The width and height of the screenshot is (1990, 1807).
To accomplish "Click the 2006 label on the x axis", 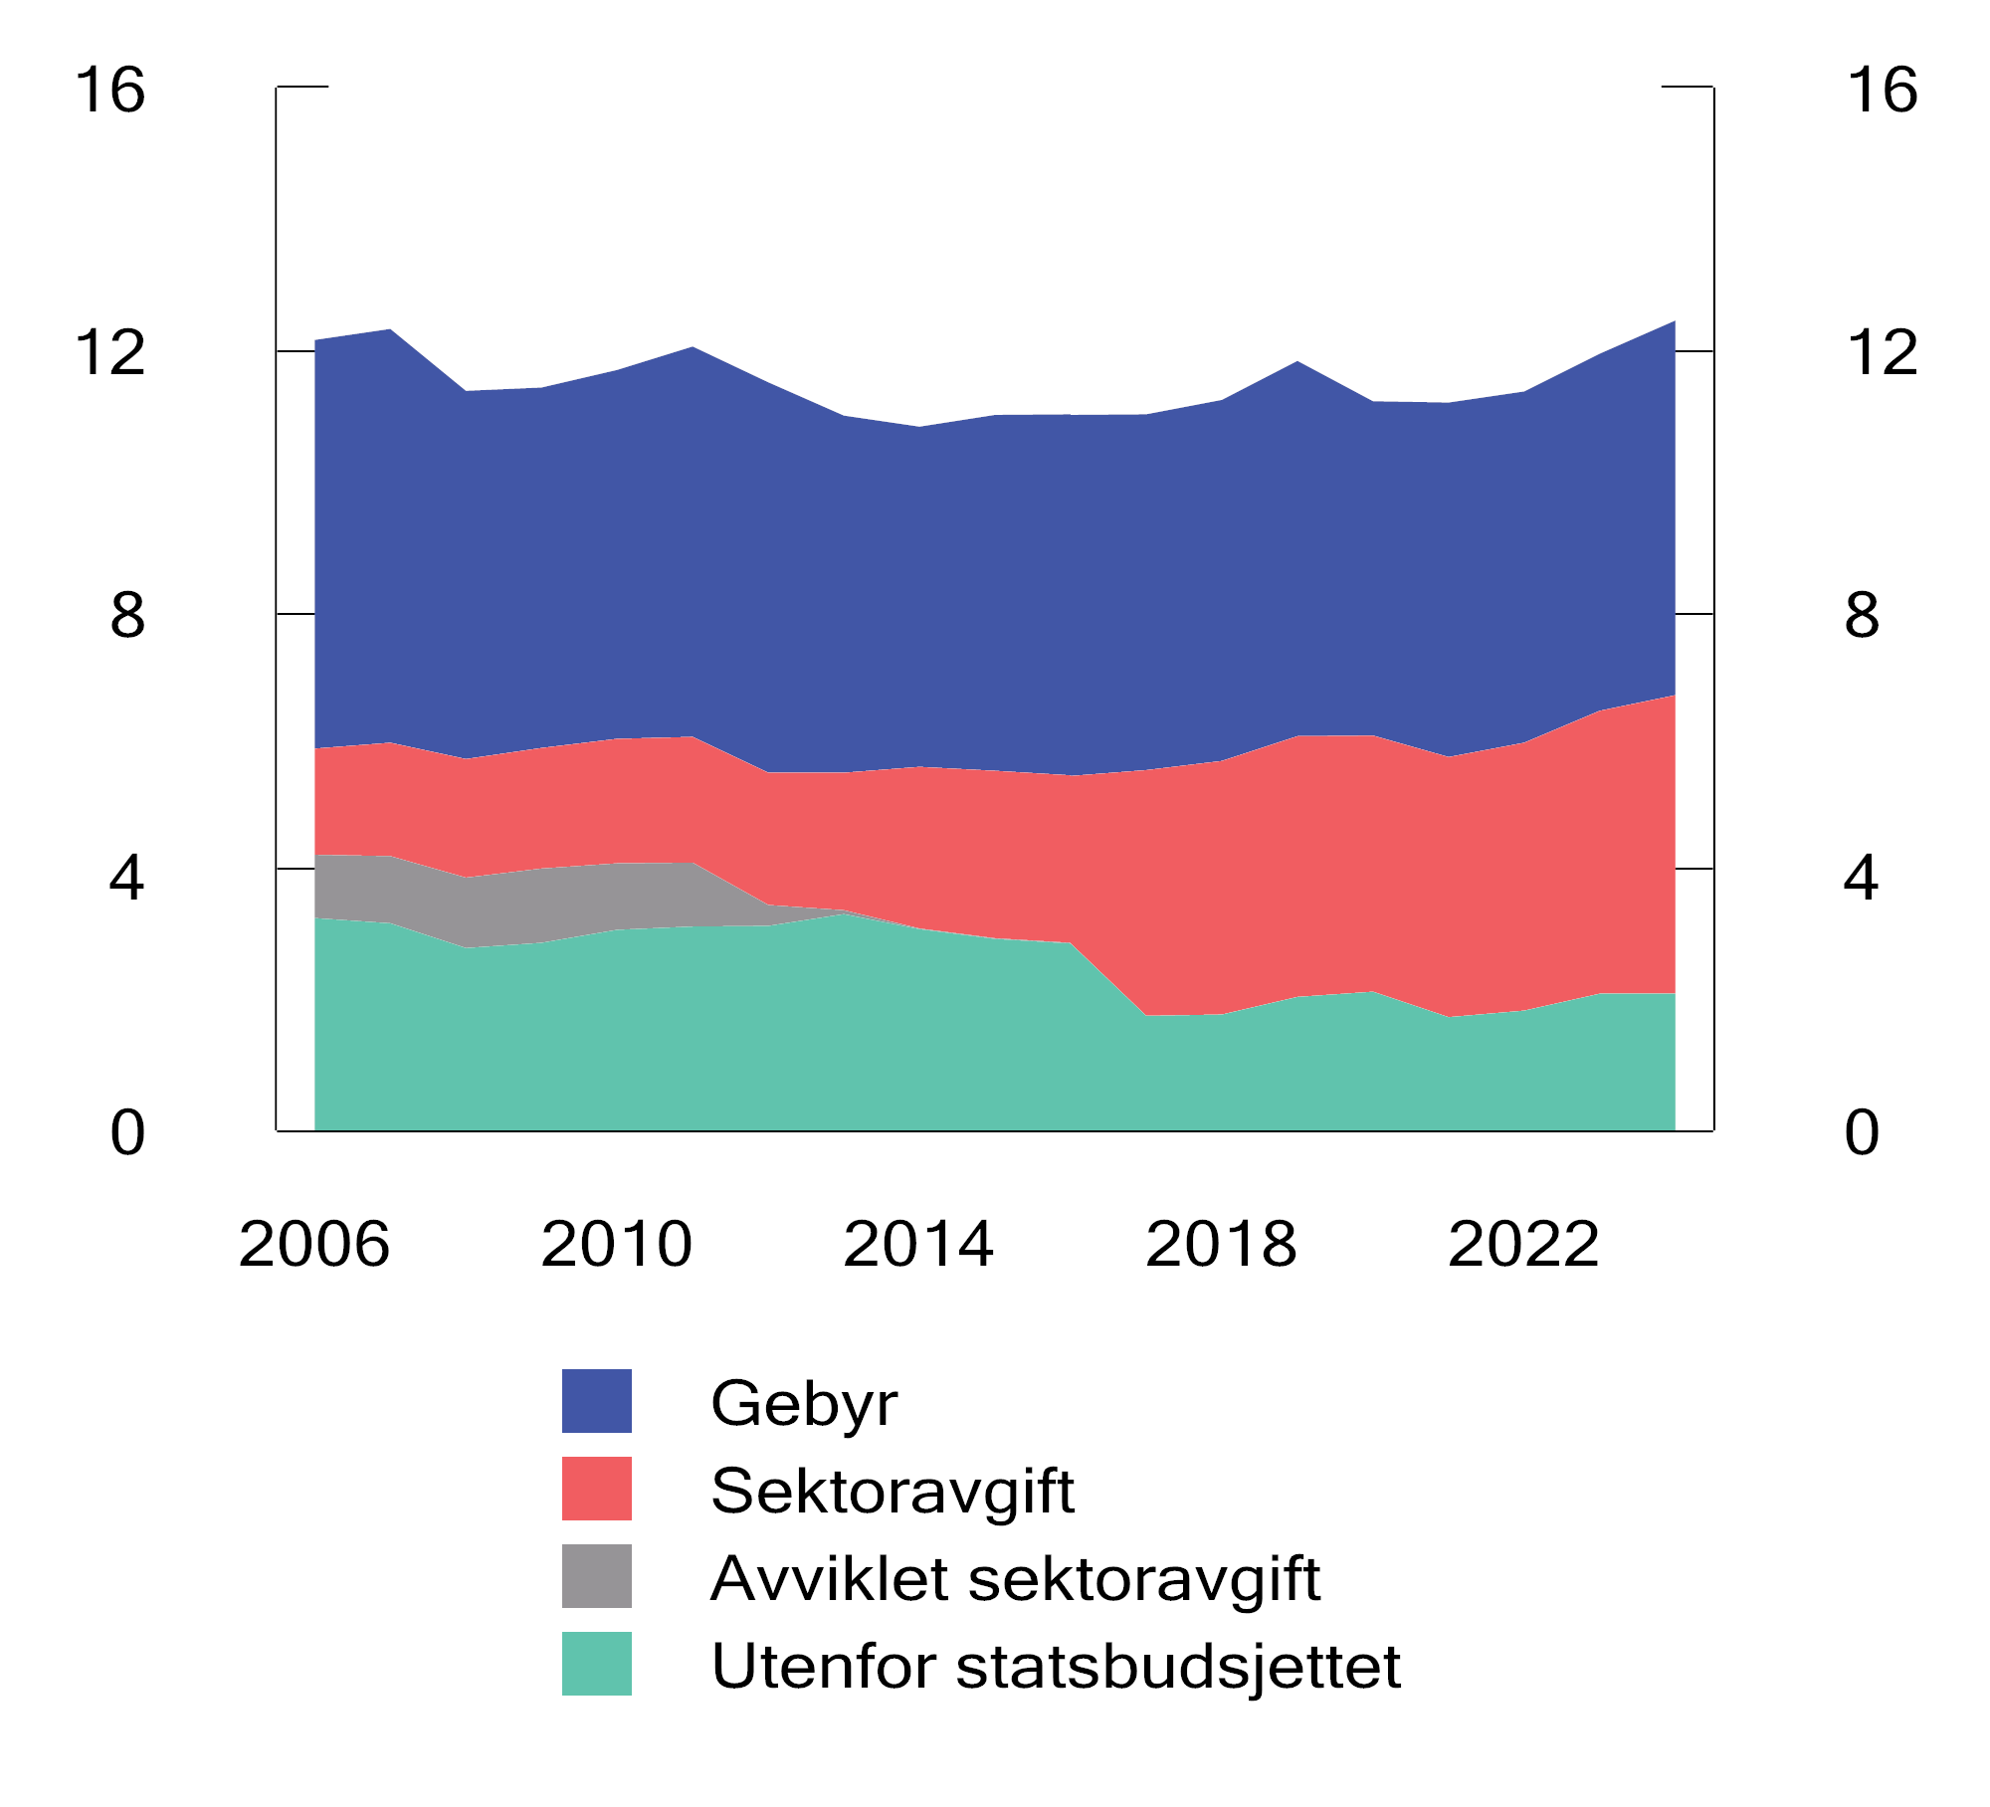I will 314,1244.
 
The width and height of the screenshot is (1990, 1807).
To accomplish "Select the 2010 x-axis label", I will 616,1244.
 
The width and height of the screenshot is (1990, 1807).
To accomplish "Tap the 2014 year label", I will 918,1244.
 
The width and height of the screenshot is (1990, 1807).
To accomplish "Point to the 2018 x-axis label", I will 1221,1244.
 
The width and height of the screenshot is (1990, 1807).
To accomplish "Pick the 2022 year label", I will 1523,1244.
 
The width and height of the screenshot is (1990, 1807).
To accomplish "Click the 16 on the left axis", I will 110,90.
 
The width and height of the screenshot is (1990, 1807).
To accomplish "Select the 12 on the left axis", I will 110,352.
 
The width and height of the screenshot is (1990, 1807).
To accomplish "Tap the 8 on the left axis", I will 127,615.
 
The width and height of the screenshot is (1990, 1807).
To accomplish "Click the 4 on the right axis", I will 1862,878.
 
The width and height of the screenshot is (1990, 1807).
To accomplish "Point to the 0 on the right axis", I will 1862,1132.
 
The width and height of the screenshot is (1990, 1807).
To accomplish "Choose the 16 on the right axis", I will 1882,90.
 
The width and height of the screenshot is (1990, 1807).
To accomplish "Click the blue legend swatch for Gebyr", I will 597,1401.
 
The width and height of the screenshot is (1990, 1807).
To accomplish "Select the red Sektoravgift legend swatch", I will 597,1489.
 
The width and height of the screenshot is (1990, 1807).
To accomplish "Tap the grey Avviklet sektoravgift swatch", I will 597,1576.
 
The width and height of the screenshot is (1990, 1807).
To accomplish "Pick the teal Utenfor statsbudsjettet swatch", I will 597,1664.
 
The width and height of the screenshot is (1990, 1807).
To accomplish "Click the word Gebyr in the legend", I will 804,1403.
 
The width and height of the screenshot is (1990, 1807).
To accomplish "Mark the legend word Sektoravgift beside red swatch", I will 893,1491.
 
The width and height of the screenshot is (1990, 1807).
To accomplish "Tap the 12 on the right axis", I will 1882,352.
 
